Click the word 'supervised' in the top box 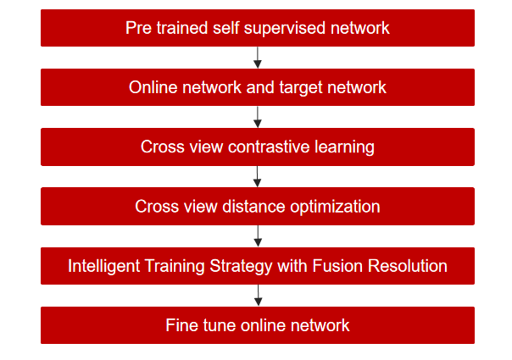[x=285, y=29]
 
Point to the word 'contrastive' [x=269, y=147]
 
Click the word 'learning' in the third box [x=344, y=147]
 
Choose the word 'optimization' [x=335, y=208]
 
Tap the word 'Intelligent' [x=103, y=266]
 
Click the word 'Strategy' [x=241, y=267]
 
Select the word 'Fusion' [x=337, y=266]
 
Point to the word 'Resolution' [x=408, y=266]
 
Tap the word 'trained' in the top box [x=182, y=28]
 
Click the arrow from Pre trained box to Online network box [x=258, y=58]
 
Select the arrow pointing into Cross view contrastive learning [x=258, y=117]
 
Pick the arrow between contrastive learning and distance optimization [x=258, y=176]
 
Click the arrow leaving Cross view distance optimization [x=258, y=236]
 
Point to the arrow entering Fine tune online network [x=259, y=296]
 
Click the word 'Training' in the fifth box [x=175, y=267]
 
